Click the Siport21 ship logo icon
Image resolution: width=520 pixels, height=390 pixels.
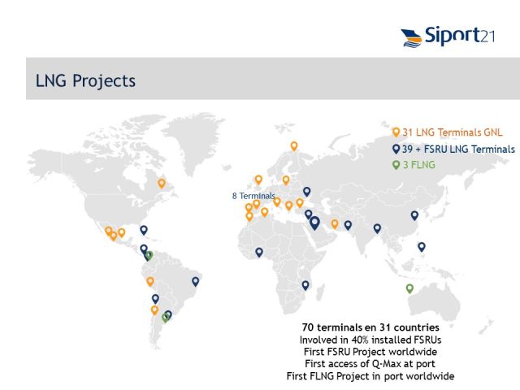pos(412,38)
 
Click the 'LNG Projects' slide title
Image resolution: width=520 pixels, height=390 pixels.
pos(85,81)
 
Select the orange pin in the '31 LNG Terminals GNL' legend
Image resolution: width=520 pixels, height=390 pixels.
pos(396,132)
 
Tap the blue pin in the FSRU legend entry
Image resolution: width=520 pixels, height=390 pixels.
pos(396,149)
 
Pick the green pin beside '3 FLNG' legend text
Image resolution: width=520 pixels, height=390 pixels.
pos(396,165)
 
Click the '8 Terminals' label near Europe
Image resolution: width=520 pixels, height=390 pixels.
pos(253,196)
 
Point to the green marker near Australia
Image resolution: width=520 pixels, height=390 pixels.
pos(409,288)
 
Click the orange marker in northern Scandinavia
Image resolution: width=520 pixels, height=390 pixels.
pos(294,146)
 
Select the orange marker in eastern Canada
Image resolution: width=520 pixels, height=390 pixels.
pos(162,184)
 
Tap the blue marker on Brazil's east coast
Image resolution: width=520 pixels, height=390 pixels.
pos(195,282)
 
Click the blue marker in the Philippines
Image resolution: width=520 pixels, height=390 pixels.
pos(422,247)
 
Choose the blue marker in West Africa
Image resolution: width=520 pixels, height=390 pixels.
pos(259,253)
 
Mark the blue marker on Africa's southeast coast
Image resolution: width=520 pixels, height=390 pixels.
pos(305,285)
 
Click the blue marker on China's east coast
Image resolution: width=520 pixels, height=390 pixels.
pos(414,215)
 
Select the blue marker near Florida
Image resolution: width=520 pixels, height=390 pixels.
pos(144,230)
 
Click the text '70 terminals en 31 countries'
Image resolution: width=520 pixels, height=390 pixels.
pos(370,327)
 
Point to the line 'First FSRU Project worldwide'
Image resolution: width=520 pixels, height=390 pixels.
pos(370,352)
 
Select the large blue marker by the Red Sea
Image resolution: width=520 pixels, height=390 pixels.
pos(314,223)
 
